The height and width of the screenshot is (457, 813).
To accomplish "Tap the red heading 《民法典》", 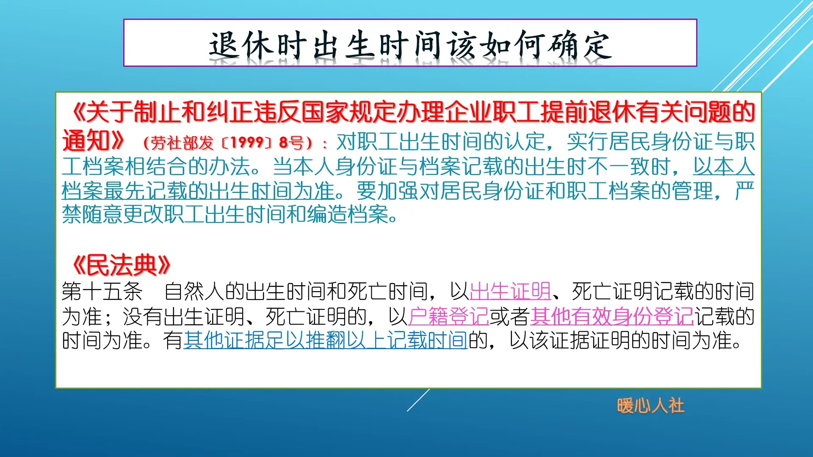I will click(x=121, y=265).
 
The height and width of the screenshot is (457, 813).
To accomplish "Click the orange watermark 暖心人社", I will click(x=650, y=406).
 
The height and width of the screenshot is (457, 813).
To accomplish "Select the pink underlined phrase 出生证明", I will click(x=510, y=292).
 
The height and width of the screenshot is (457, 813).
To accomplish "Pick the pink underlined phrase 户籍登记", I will click(x=449, y=317).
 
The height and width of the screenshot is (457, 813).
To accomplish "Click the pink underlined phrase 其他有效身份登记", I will click(x=612, y=317).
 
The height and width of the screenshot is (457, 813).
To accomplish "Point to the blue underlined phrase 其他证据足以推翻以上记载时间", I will click(x=325, y=341).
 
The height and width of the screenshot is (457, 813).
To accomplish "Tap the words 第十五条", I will click(x=102, y=292).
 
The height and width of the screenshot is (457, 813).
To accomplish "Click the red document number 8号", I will click(x=291, y=143).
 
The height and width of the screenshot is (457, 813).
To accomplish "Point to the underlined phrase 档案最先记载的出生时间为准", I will click(x=198, y=191).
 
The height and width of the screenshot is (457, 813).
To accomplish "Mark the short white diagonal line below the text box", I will click(x=418, y=400).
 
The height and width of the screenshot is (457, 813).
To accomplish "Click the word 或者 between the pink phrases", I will click(x=510, y=317).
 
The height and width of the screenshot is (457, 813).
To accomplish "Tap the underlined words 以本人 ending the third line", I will click(x=724, y=167).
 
